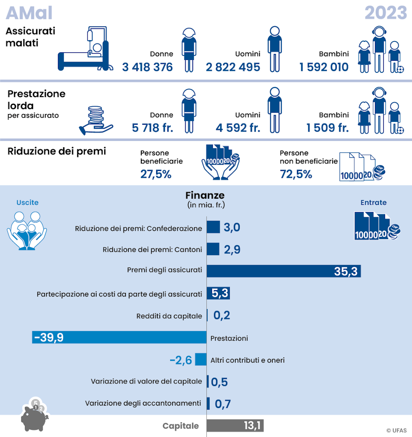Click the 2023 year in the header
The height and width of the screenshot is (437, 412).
tap(385, 13)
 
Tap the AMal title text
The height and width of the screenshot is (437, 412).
tap(29, 13)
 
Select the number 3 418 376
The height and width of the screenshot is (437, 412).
tap(147, 67)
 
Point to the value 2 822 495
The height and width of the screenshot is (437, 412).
tap(233, 67)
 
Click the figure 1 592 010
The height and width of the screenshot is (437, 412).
tap(323, 67)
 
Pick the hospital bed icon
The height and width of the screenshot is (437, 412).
tap(84, 50)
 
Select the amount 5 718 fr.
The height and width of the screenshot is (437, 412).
tap(152, 128)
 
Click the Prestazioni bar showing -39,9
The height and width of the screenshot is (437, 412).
tap(119, 337)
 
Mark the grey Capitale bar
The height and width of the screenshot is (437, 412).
tap(235, 426)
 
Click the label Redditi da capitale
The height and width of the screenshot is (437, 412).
tap(169, 316)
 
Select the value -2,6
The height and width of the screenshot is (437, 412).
tap(181, 360)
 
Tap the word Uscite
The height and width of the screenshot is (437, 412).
tap(27, 202)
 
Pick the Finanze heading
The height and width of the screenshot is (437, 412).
tap(205, 195)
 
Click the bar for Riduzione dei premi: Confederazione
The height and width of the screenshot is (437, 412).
tap(213, 227)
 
